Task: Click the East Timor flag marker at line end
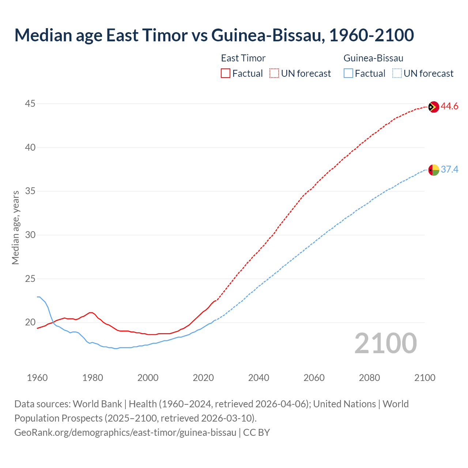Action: tap(433, 107)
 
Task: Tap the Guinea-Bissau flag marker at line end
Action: tap(433, 170)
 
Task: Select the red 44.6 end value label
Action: tap(449, 106)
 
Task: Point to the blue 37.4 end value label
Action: tap(449, 169)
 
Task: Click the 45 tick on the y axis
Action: tap(30, 104)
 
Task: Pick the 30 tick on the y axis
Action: tap(30, 235)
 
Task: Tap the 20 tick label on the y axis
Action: tap(30, 322)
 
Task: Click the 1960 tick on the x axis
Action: tap(37, 378)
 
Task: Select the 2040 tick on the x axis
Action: tap(258, 378)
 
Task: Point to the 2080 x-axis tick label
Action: tap(369, 378)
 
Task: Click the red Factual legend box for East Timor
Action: tap(226, 73)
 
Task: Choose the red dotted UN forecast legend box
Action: tap(274, 73)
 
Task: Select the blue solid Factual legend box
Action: tap(348, 73)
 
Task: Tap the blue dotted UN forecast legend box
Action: tap(397, 73)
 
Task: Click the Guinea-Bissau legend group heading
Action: tap(373, 58)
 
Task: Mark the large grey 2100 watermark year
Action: tap(385, 343)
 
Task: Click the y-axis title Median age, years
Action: tap(15, 227)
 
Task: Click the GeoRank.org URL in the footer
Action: tap(125, 433)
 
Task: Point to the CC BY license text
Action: tap(257, 433)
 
